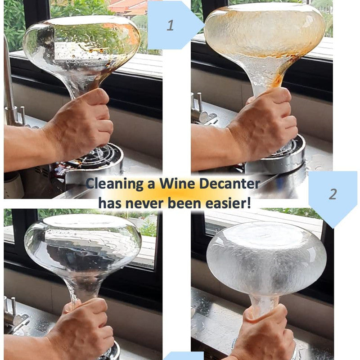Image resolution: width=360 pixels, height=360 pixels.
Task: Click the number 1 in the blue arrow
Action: [170, 25]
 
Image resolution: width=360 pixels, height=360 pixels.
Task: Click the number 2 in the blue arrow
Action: [333, 194]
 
